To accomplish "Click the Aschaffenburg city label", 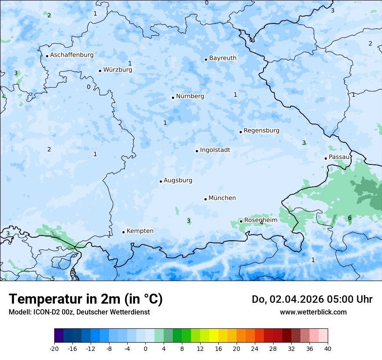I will click(x=72, y=55).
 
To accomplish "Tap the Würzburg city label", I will click(x=118, y=70).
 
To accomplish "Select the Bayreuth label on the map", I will click(x=223, y=58).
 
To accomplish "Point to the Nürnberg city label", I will click(x=190, y=96).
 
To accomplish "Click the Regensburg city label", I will click(x=261, y=131).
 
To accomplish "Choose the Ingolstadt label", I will click(x=215, y=150).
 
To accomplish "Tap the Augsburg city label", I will click(x=178, y=180).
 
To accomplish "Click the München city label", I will click(x=222, y=198).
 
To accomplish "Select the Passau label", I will click(x=339, y=157).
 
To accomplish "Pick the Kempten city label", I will click(x=140, y=231).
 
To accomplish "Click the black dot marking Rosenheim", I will click(x=241, y=221).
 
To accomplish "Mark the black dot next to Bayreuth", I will click(x=206, y=59).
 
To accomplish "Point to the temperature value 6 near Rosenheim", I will click(x=349, y=218).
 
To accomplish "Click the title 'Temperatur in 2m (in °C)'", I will click(x=86, y=299).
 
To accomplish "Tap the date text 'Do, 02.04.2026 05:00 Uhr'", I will click(x=312, y=299).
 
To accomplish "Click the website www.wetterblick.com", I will click(x=313, y=312).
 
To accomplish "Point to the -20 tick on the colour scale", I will click(x=54, y=348).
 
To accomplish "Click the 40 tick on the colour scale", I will click(x=327, y=348).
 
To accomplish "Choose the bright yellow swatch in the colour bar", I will click(x=214, y=336).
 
